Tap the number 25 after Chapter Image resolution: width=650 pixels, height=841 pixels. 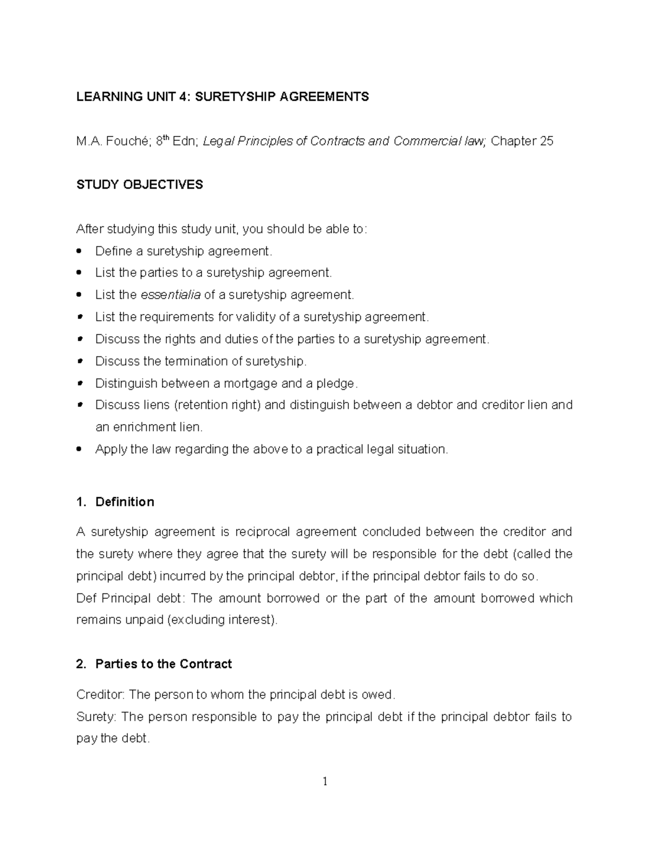[547, 142]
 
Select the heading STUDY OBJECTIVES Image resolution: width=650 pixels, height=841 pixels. [140, 185]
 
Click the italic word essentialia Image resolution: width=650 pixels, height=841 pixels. [171, 295]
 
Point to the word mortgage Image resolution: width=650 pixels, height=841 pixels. [251, 383]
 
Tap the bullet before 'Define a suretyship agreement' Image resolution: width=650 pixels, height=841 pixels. [80, 251]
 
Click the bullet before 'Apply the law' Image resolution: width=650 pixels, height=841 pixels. [80, 449]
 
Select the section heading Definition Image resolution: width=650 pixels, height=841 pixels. [125, 502]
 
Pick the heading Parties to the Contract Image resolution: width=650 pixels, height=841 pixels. [163, 664]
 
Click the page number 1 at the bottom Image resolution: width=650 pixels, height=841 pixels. [325, 781]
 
